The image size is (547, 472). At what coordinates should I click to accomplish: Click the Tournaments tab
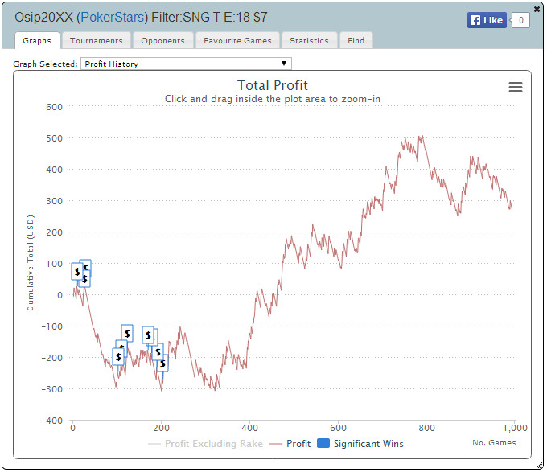click(x=97, y=40)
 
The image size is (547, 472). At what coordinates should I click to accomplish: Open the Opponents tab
click(x=162, y=40)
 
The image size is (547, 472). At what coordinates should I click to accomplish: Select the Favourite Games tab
click(x=237, y=40)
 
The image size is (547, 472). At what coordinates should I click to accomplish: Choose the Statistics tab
click(x=309, y=40)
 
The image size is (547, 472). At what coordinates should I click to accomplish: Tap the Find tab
click(x=356, y=40)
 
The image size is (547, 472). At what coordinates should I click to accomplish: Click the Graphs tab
click(x=37, y=40)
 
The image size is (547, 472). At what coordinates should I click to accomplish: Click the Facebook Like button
click(x=487, y=20)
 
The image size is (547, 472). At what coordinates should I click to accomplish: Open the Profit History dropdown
click(x=186, y=64)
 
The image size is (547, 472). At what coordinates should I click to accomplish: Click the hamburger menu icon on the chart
click(x=516, y=88)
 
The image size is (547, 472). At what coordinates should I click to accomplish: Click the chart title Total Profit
click(x=273, y=86)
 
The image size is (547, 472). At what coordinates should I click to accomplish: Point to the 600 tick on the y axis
click(x=53, y=107)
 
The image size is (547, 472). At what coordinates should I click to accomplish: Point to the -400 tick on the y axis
click(x=51, y=421)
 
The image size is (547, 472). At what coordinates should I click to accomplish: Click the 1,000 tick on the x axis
click(x=514, y=428)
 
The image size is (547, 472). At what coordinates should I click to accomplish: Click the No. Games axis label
click(x=495, y=442)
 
